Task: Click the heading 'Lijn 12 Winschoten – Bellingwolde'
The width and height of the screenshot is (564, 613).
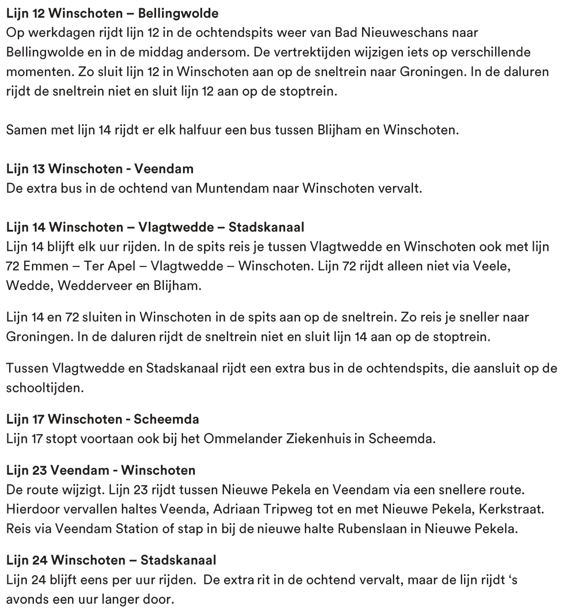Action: (x=112, y=13)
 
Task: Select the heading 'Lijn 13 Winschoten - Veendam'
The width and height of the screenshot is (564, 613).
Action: (x=100, y=169)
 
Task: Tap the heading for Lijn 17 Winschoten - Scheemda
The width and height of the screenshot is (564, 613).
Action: (x=103, y=419)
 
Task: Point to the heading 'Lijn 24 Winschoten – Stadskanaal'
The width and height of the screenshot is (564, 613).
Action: (x=111, y=560)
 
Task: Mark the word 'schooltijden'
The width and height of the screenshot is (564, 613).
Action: (x=45, y=388)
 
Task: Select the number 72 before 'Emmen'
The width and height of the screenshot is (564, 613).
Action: (x=13, y=266)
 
